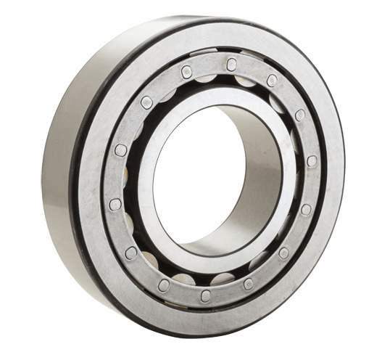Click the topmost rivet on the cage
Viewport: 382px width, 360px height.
[231, 63]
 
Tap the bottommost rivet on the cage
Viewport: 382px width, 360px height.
[206, 294]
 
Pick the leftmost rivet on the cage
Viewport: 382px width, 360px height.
[115, 205]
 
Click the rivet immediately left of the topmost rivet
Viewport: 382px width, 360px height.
[187, 70]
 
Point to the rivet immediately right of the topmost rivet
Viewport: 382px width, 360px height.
[272, 80]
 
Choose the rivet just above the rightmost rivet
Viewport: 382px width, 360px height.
[300, 115]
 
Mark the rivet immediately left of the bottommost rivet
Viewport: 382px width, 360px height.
[165, 285]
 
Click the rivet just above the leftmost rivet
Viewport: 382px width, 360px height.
[120, 150]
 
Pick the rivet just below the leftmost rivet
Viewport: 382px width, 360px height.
[131, 253]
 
